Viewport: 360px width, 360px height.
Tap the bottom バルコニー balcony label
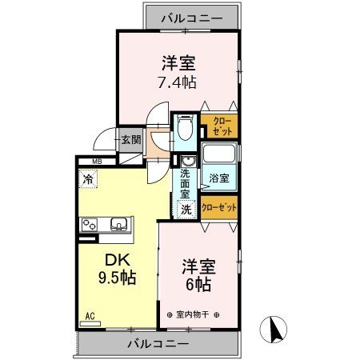158,343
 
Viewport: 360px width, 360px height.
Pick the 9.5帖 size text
115,279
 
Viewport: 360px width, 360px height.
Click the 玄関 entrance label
131,139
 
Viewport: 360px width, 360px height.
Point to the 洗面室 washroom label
186,182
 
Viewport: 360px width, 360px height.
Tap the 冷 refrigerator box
87,180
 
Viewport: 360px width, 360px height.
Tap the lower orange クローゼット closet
219,207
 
